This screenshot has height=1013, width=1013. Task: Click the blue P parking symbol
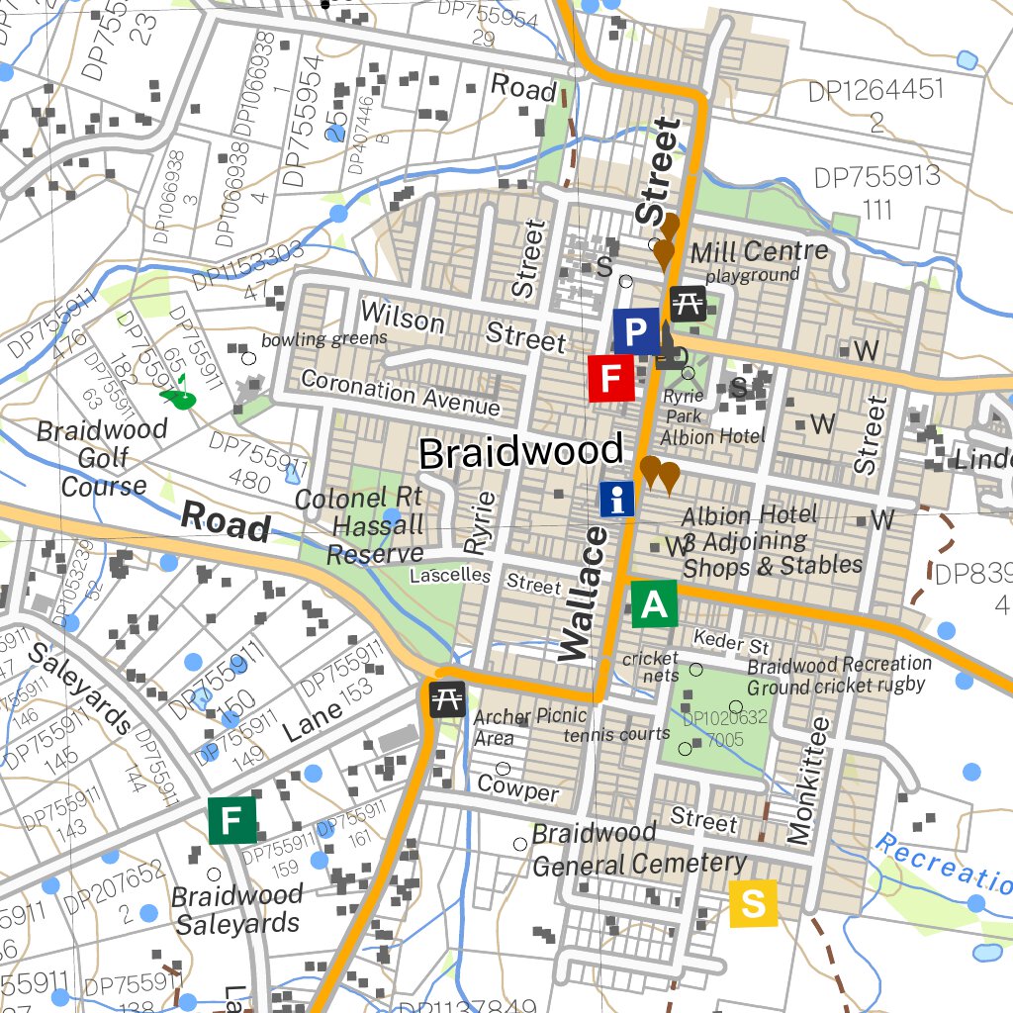tap(636, 331)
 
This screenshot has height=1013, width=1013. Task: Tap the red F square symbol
tap(611, 378)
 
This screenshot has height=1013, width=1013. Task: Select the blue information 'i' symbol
tap(618, 500)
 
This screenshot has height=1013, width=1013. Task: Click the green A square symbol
tap(654, 603)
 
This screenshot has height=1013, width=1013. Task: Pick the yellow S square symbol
tap(753, 903)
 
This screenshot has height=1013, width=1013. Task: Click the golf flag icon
tap(179, 394)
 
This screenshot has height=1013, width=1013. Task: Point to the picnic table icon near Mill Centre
tap(688, 303)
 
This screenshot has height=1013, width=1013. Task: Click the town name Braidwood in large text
tap(521, 453)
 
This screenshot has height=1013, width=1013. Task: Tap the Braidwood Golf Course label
tap(103, 458)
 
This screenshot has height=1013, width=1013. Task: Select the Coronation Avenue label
tap(401, 393)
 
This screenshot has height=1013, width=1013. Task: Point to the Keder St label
tap(731, 641)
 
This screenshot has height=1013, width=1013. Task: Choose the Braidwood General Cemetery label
tap(639, 850)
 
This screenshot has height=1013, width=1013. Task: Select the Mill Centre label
tap(759, 251)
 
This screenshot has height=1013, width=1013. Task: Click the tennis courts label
tap(616, 734)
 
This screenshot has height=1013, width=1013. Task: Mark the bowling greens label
tap(323, 339)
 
